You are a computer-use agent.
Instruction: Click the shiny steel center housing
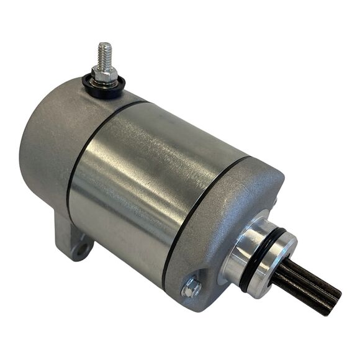[x=155, y=180]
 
